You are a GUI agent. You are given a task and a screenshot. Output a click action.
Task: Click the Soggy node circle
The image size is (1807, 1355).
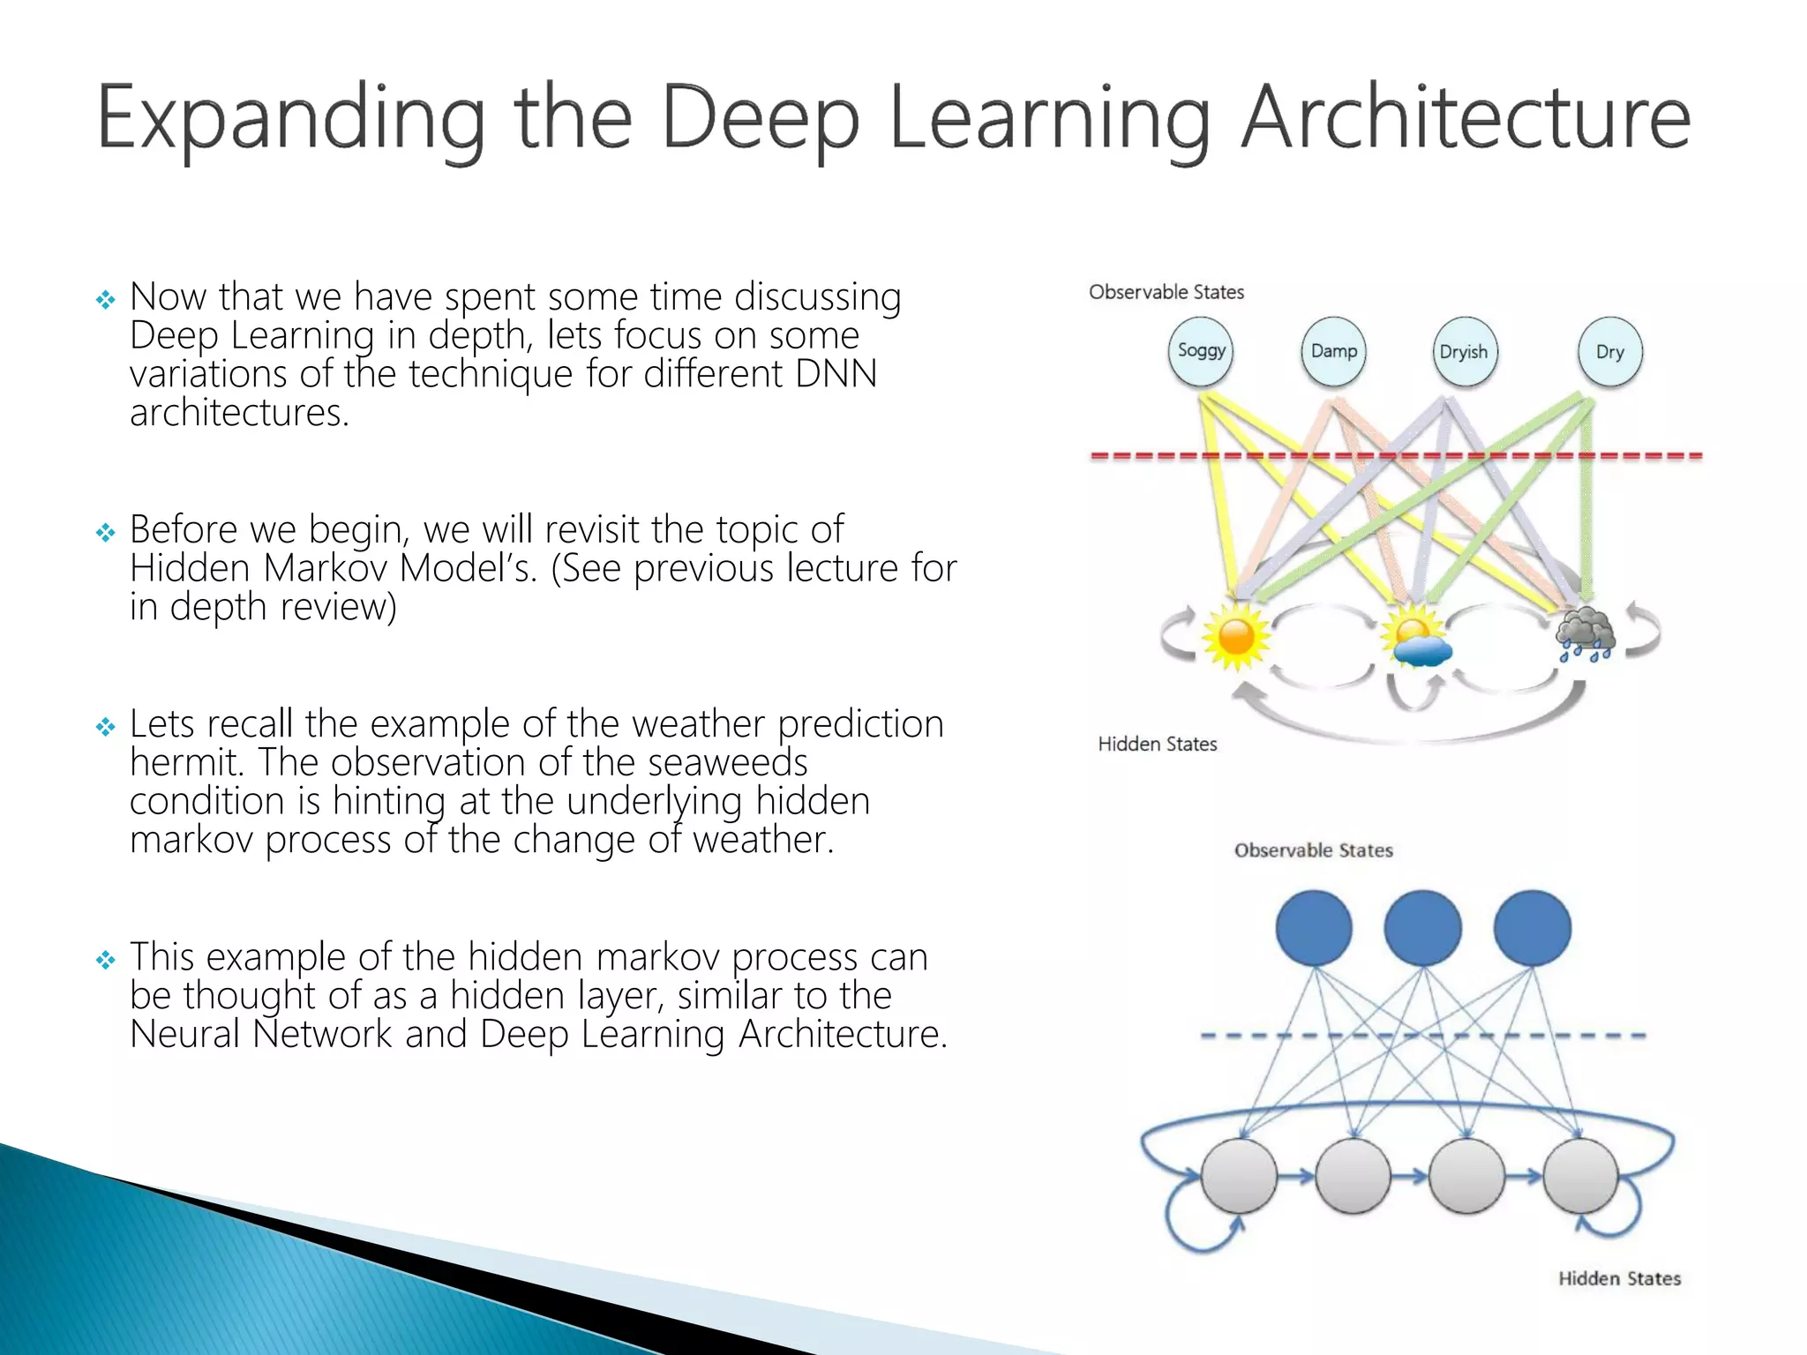(1201, 351)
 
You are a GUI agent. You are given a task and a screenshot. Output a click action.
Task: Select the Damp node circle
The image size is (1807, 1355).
(1333, 351)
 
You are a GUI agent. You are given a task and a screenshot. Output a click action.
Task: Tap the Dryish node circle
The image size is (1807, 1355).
(1464, 351)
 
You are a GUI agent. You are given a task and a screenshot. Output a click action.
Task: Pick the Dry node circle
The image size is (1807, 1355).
(1610, 351)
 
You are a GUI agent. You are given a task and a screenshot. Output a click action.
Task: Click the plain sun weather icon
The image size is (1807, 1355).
(1235, 637)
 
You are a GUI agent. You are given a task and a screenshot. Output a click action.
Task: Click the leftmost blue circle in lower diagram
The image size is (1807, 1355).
(1314, 928)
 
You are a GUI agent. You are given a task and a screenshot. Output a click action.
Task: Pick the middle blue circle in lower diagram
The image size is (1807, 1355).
(1422, 928)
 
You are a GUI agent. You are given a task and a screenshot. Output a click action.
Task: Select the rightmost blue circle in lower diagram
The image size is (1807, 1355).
(1533, 928)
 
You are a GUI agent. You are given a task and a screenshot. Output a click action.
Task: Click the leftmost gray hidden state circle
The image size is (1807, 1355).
(1239, 1176)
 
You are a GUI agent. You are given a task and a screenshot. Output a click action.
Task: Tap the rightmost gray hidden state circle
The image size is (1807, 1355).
(1580, 1176)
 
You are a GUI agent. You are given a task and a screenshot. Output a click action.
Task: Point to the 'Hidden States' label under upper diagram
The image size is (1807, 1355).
(1157, 745)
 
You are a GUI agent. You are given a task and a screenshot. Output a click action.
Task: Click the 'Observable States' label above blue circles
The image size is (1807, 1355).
(1313, 850)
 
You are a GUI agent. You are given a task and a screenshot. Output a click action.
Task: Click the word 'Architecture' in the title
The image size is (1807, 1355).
(1465, 119)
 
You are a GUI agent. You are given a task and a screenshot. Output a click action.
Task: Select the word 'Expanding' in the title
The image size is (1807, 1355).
(290, 119)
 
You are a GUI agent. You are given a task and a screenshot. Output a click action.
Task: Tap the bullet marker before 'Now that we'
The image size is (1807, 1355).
(106, 300)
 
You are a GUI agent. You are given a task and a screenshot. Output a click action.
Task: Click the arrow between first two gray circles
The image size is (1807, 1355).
(1295, 1176)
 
